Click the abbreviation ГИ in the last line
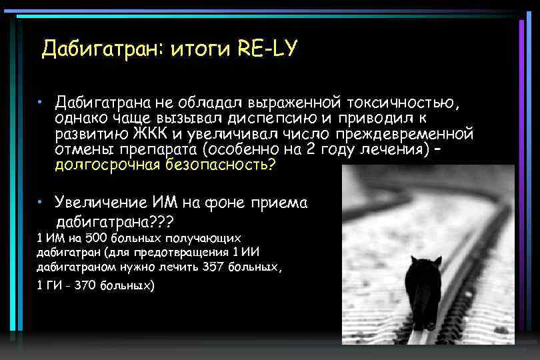coord(52,285)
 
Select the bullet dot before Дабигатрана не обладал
coord(41,103)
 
